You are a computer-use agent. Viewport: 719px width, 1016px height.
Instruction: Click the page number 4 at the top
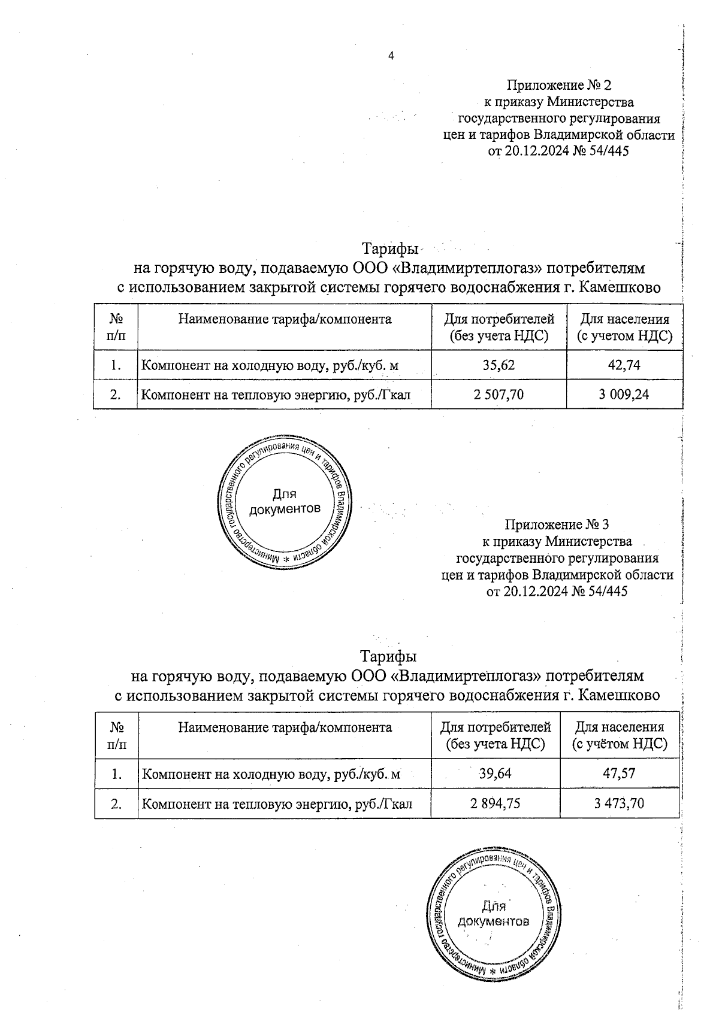[391, 56]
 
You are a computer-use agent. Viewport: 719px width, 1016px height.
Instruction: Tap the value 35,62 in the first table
[499, 365]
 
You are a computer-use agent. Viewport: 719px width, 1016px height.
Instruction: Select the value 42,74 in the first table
[624, 365]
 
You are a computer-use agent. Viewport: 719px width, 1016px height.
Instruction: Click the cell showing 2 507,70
[499, 394]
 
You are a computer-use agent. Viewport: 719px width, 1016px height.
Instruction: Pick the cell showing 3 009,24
[624, 394]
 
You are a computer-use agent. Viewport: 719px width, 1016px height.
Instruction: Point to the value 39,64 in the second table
[495, 774]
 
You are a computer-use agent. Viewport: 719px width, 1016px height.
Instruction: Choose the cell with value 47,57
[619, 774]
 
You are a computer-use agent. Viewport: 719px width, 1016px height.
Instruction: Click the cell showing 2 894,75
[495, 803]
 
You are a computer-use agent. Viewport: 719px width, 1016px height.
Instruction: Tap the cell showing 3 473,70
[619, 803]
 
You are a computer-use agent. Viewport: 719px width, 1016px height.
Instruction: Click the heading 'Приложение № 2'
[559, 85]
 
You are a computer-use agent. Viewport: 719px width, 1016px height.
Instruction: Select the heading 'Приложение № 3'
[557, 525]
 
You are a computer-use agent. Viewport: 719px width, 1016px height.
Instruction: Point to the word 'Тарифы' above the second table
[388, 656]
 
